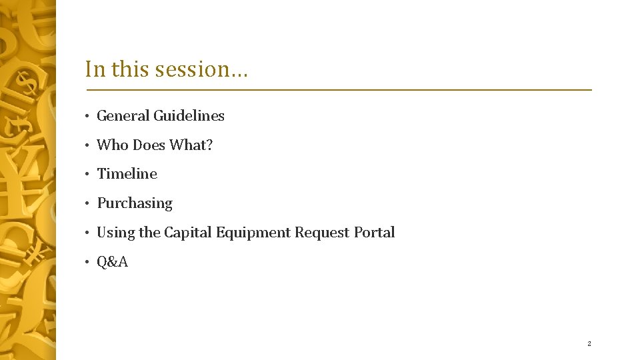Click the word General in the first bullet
(123, 116)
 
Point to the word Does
(149, 145)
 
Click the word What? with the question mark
(191, 145)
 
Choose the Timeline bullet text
(127, 174)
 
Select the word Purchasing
(135, 203)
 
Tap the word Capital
(187, 233)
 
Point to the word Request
(324, 233)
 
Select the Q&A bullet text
(113, 262)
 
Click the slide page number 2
(589, 344)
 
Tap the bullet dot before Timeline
(87, 175)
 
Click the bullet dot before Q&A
(87, 263)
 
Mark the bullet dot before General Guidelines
(87, 117)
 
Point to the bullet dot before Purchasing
(87, 204)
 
